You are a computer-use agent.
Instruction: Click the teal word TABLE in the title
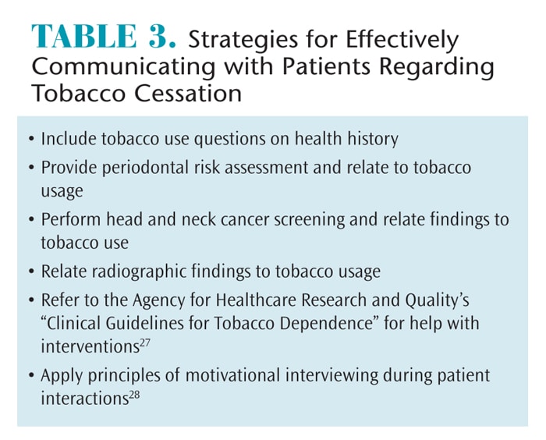pos(84,36)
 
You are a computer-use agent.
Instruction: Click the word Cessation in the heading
pos(188,93)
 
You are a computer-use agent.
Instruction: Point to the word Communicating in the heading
pos(123,67)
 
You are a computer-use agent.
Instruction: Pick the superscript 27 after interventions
pos(145,342)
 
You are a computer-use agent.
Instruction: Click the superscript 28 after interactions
pos(134,395)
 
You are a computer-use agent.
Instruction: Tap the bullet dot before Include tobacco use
pos(32,139)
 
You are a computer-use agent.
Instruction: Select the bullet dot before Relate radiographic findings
pos(32,271)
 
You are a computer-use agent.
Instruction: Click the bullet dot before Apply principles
pos(32,375)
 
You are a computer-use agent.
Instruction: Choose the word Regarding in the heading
pos(437,67)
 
